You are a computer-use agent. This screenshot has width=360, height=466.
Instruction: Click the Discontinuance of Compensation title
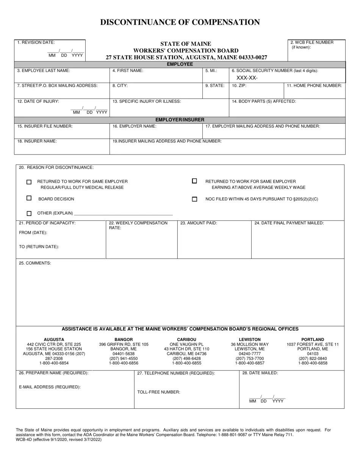(180, 22)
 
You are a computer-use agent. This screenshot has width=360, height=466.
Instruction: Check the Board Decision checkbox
(29, 198)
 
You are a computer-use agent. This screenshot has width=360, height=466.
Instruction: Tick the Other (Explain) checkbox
(29, 213)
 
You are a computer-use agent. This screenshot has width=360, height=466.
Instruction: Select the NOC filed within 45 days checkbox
(195, 199)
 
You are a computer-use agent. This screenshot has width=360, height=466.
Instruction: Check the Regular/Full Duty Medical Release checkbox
(29, 182)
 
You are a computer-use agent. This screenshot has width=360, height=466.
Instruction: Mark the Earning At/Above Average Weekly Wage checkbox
(195, 181)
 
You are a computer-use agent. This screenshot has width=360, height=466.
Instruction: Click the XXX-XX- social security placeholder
(247, 78)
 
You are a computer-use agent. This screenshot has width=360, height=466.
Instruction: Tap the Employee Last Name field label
(44, 70)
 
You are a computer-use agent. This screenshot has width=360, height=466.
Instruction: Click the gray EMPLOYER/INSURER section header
(180, 120)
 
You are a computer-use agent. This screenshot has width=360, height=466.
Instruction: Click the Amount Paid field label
(199, 223)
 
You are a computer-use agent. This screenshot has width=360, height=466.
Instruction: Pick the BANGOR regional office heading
(124, 339)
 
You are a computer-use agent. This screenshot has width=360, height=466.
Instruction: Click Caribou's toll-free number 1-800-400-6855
(186, 363)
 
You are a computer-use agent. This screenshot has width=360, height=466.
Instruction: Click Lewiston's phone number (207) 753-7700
(250, 358)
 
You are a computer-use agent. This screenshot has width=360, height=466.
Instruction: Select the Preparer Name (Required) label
(53, 373)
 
